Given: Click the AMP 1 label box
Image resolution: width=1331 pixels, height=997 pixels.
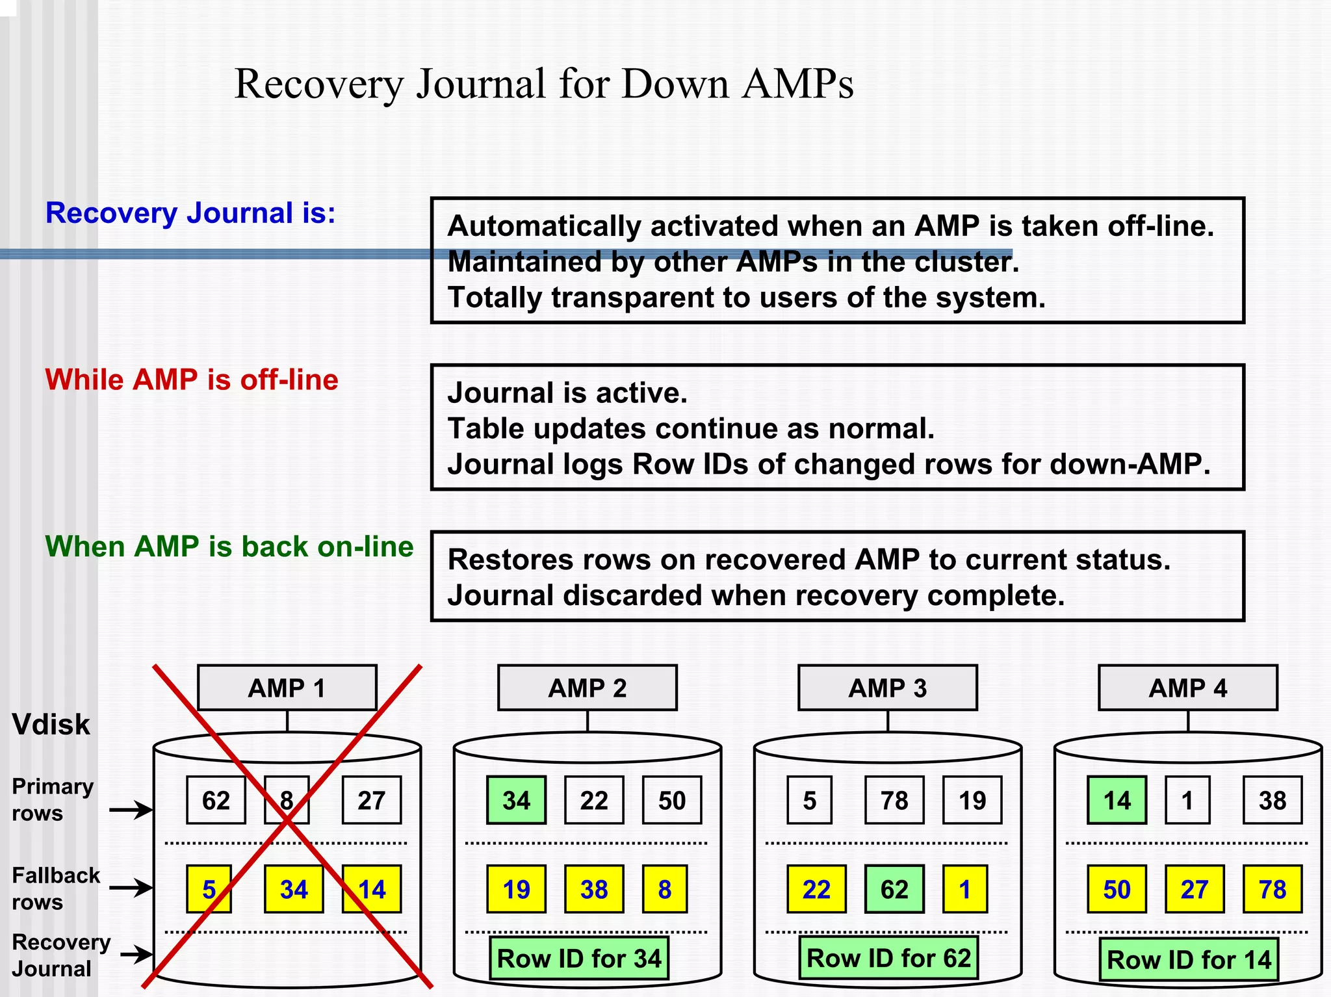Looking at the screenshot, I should [x=287, y=688].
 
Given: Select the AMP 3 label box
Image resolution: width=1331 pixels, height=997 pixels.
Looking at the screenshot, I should [x=887, y=688].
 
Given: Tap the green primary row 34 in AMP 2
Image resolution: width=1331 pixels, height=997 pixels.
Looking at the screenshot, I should [x=516, y=800].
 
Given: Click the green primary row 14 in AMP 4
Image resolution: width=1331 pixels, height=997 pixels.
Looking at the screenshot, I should [x=1117, y=800].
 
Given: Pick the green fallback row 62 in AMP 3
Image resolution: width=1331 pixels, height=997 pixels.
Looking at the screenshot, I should [x=894, y=889].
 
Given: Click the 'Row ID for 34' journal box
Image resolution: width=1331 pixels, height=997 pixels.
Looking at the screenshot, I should [x=578, y=958].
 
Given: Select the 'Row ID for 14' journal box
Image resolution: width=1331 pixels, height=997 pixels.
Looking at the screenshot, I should [x=1189, y=959].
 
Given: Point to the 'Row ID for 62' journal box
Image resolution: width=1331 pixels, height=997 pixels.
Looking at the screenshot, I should [x=888, y=957].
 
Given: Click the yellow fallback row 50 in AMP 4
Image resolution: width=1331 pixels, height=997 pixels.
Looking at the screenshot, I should [x=1117, y=889].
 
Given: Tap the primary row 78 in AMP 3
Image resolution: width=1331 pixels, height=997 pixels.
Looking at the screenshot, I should [x=894, y=800].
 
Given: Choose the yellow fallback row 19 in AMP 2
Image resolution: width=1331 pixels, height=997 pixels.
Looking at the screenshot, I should [x=516, y=889].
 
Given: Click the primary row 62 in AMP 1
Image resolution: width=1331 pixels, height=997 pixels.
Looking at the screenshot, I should [x=216, y=800].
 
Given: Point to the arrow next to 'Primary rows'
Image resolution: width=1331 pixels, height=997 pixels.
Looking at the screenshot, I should [x=130, y=810].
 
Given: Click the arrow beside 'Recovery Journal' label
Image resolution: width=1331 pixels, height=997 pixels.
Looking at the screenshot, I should [x=136, y=954].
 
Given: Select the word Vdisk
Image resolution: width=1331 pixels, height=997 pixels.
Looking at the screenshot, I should [x=51, y=725].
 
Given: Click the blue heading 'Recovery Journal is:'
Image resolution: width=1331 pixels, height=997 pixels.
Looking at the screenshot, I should [x=190, y=213].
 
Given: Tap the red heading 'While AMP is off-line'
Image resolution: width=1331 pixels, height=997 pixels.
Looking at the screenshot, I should [x=192, y=380].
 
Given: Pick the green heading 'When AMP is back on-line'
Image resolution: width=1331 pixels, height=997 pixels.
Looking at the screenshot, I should [x=229, y=547].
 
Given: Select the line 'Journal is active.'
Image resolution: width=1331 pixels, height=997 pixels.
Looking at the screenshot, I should [x=567, y=393].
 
